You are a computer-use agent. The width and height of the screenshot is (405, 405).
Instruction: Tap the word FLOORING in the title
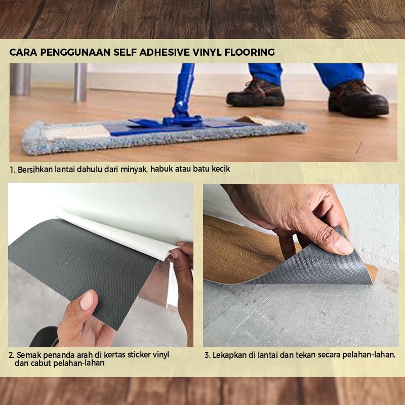tap(250, 53)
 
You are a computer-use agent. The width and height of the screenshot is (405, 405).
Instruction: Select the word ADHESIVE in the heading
tap(165, 53)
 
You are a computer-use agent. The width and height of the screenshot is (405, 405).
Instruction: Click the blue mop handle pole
tap(184, 88)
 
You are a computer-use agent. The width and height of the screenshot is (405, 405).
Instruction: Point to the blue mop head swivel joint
tap(182, 119)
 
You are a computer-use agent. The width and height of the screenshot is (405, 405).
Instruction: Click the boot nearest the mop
tap(256, 94)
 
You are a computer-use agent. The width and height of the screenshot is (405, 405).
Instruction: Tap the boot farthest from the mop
tap(358, 98)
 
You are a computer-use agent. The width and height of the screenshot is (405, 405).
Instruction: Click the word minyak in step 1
tap(134, 170)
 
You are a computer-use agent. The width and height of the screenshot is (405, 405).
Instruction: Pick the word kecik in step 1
tap(221, 169)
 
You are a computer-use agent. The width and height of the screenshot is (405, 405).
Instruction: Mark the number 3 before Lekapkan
tap(207, 355)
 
